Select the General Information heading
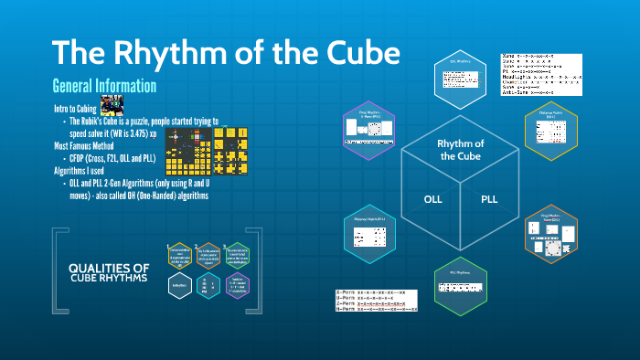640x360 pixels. click(105, 86)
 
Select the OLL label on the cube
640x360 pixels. click(432, 198)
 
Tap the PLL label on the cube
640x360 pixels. click(490, 198)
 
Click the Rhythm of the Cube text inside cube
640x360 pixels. click(461, 150)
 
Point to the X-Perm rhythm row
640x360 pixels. click(376, 293)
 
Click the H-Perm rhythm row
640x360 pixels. click(376, 311)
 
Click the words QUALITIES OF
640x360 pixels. click(110, 268)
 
